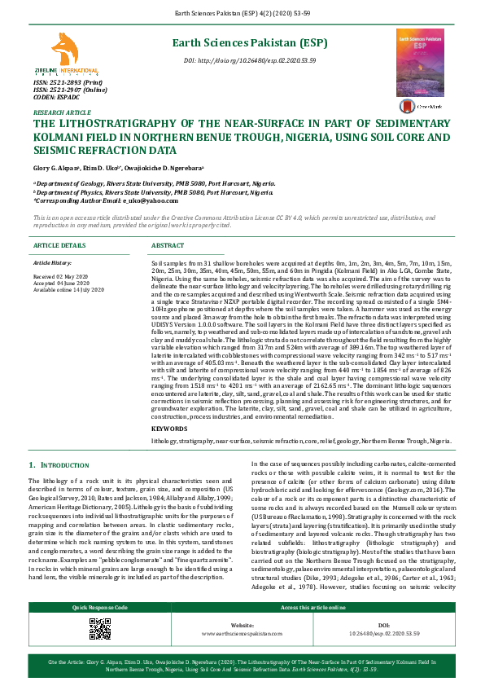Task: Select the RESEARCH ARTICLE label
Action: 62,112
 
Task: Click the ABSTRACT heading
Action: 168,244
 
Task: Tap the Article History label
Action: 51,263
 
